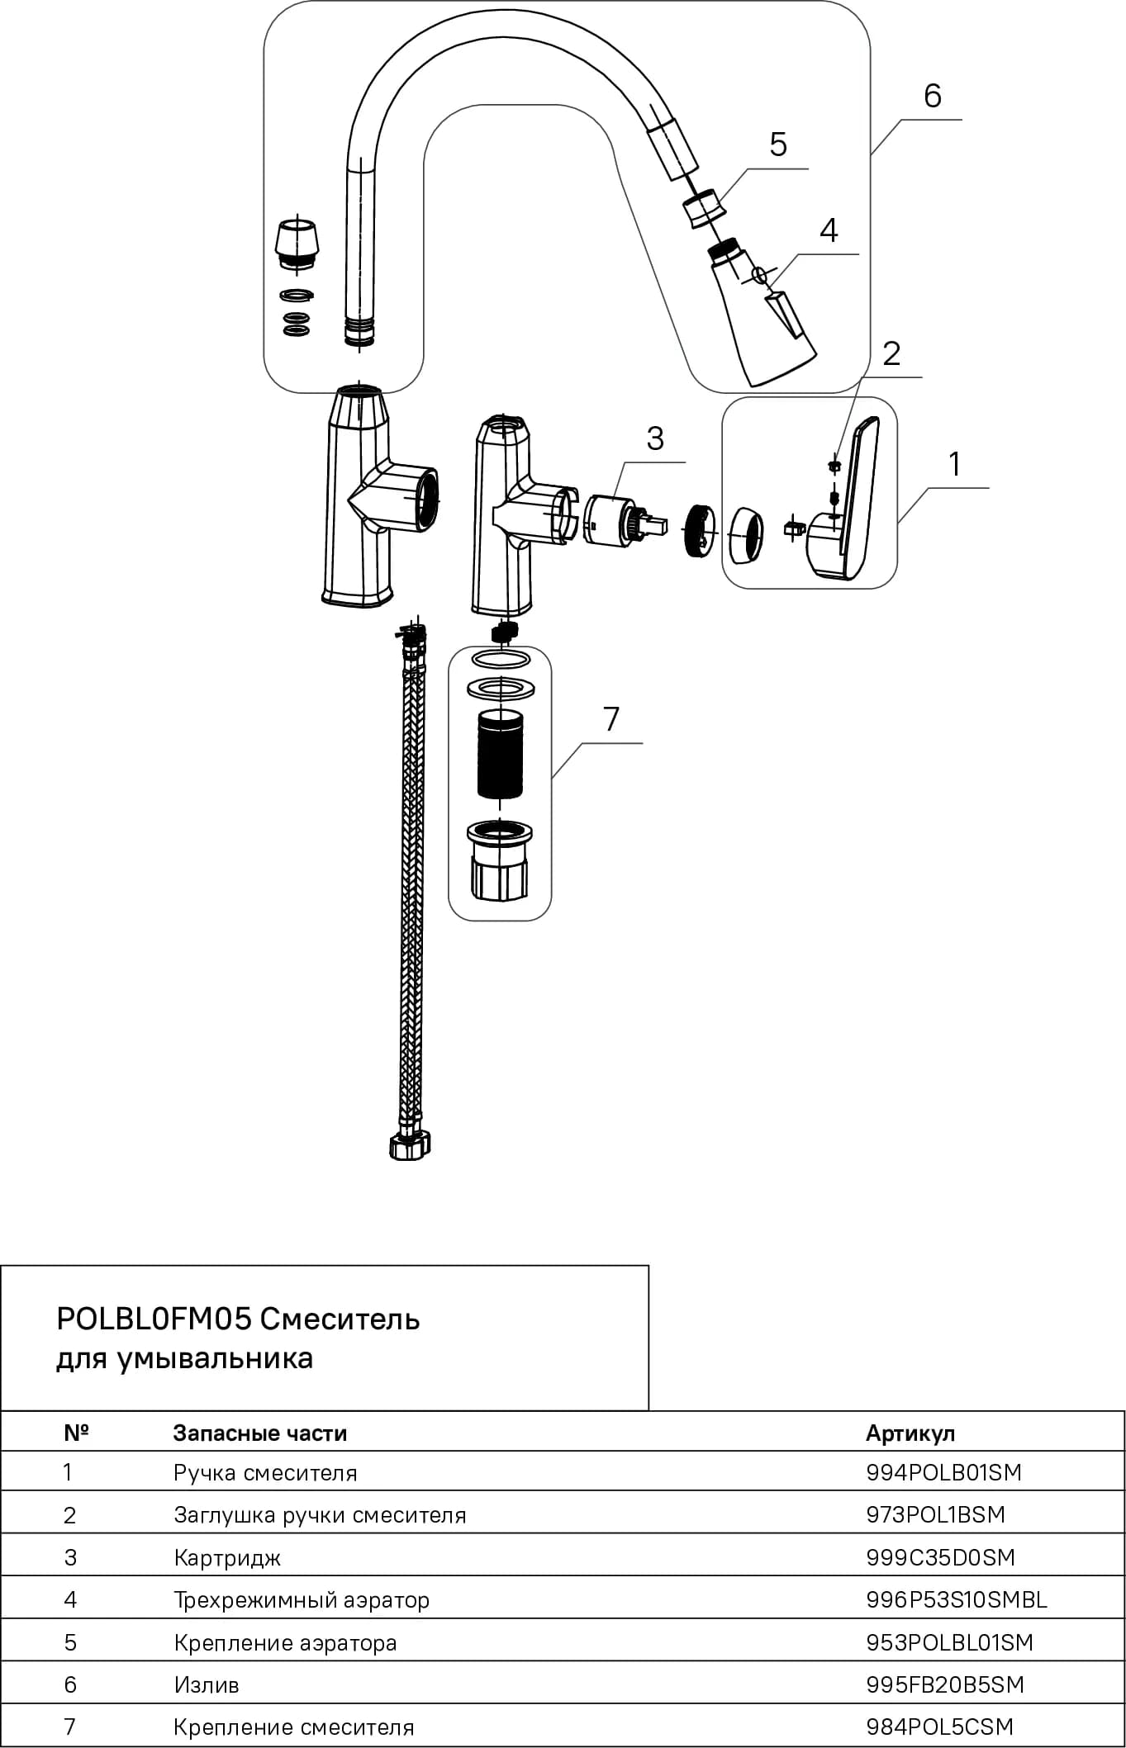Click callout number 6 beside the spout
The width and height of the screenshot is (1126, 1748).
pos(932,96)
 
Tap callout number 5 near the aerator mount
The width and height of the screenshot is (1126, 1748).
pos(778,144)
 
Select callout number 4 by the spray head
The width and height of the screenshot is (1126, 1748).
pos(829,230)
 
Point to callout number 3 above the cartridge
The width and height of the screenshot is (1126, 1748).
pos(655,438)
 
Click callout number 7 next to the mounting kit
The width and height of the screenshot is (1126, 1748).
pos(611,719)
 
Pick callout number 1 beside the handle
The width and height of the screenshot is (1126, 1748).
pos(955,464)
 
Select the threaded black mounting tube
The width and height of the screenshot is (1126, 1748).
pos(500,754)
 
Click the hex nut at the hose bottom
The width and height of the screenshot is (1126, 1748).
pos(411,1147)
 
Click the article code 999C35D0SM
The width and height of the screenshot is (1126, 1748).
pos(940,1557)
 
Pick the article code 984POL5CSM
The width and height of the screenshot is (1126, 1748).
pos(939,1727)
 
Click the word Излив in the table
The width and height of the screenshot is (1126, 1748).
pos(207,1684)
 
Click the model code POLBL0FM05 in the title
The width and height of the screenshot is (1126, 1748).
pos(154,1319)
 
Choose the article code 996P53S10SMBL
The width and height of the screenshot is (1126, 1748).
pos(957,1599)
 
